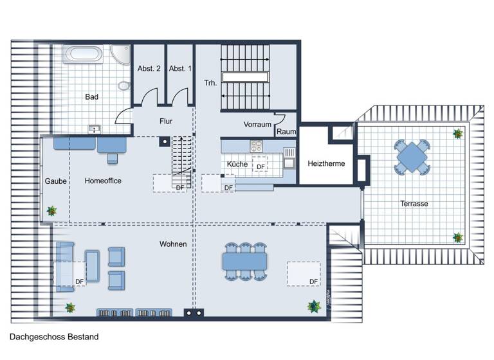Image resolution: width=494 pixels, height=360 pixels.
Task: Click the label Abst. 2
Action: click(x=149, y=69)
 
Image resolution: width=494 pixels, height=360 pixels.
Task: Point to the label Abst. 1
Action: click(x=180, y=69)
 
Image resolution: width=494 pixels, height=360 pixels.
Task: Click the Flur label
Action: click(x=167, y=121)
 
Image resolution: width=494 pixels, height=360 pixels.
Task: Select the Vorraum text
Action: click(x=257, y=124)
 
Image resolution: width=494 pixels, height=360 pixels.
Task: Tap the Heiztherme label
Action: click(x=326, y=163)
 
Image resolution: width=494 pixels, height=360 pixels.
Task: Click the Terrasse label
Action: click(x=414, y=203)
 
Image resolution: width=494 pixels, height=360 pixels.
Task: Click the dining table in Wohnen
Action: click(x=244, y=261)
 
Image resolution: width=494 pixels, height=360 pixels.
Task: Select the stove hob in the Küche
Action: click(x=258, y=146)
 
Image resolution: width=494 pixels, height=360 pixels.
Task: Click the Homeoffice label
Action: click(x=103, y=181)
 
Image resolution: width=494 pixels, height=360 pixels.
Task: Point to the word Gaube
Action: click(x=55, y=181)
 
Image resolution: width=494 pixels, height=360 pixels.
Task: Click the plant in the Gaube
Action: click(x=51, y=210)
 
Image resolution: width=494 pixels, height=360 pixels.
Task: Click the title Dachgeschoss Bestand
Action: click(x=54, y=336)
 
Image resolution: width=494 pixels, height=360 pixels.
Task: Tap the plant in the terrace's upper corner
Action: click(x=457, y=134)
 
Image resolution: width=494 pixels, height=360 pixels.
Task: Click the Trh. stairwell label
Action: click(x=210, y=83)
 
